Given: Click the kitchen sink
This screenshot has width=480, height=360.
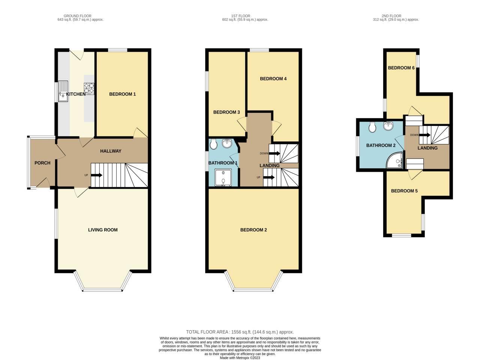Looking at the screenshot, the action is (63, 91).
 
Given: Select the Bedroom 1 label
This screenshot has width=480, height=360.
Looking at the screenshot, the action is (123, 94).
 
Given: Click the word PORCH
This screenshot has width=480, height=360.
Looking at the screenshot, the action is (42, 163).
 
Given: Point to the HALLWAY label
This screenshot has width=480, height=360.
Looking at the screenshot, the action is (111, 151).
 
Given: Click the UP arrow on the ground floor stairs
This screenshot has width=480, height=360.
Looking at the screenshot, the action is (96, 175).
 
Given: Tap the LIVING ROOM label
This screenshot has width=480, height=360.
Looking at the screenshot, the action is (103, 230).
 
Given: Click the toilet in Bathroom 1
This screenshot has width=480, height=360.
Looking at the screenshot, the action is (213, 144).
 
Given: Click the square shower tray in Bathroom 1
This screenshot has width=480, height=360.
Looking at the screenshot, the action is (223, 177).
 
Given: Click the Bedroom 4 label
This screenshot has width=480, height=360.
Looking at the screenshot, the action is (273, 79).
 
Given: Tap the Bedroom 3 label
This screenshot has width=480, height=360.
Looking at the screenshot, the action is (226, 112).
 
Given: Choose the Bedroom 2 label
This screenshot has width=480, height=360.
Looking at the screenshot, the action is (253, 230).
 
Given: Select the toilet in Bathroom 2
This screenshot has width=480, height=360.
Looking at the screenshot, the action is (372, 127).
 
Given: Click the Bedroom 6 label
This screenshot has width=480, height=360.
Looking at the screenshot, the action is (401, 68).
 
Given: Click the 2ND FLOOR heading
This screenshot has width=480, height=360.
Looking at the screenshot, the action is (391, 16).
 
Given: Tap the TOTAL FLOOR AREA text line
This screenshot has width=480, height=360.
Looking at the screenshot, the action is (240, 332).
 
